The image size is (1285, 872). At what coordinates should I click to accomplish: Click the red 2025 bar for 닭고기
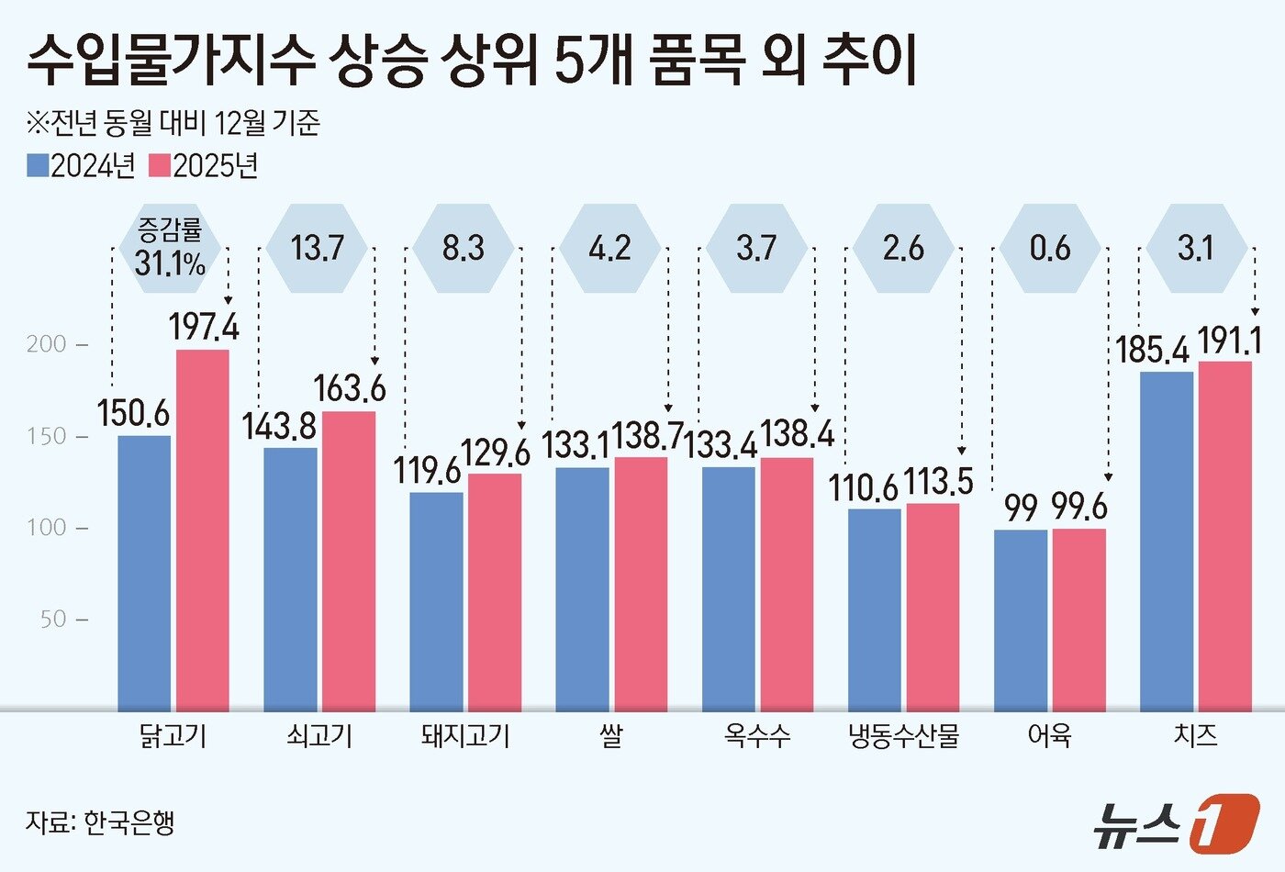point(202,530)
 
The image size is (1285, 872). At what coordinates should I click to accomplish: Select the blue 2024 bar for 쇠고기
point(290,578)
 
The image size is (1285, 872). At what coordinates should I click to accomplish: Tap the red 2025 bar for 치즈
point(1225,535)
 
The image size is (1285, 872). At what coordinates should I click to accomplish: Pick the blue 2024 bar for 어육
point(1021,620)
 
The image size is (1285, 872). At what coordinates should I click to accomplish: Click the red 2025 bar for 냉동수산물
point(933,607)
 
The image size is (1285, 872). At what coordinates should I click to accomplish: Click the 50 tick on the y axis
point(54,620)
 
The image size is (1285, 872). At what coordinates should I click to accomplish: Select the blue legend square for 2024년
point(38,165)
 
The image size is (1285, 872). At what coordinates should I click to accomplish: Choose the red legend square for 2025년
point(160,165)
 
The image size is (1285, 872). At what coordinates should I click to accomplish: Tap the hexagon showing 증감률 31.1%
point(170,248)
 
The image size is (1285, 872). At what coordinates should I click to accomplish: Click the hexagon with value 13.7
point(317,248)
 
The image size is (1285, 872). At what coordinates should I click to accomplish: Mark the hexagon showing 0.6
point(1049,248)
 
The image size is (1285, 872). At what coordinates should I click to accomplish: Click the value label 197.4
point(203,326)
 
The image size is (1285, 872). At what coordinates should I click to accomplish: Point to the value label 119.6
point(428,471)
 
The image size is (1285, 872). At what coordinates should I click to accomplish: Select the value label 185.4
point(1152,350)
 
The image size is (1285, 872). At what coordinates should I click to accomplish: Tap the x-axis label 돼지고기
point(464,736)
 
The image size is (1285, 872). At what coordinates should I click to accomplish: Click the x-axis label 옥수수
point(756,736)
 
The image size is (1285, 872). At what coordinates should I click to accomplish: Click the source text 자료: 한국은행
point(100,822)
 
